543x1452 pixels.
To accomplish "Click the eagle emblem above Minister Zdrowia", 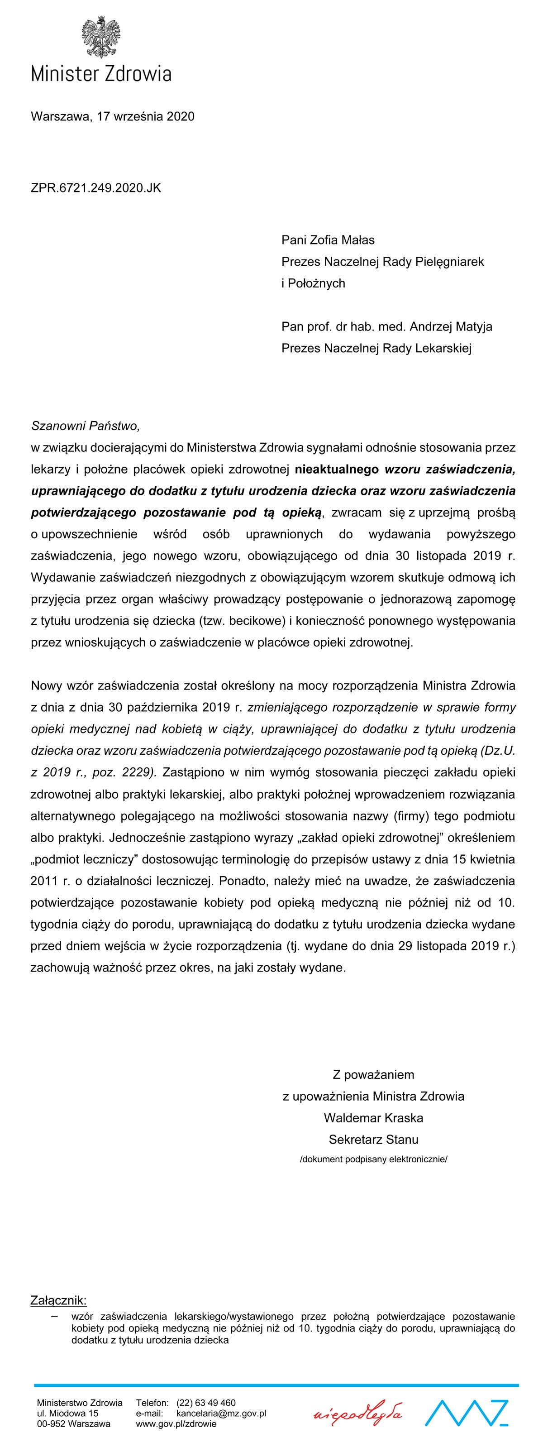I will [101, 37].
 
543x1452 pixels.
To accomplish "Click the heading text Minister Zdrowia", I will [101, 74].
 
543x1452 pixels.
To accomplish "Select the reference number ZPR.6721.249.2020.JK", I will [96, 188].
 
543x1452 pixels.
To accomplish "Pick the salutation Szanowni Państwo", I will [85, 426].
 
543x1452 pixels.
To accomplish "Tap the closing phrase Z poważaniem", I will [373, 1074].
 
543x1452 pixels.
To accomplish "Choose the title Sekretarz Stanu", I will [373, 1139].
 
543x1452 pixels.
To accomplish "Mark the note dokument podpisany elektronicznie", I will [373, 1160].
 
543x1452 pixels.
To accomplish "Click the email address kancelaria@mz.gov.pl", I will [221, 1413].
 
